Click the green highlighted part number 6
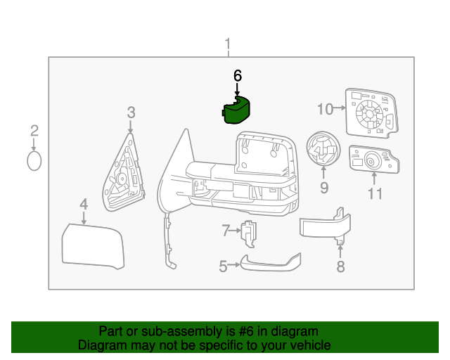coord(236,110)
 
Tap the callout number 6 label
coord(237,75)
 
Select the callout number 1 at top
coord(227,46)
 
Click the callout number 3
coord(131,112)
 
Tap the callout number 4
coord(83,205)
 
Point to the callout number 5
coord(223,266)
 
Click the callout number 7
coord(226,230)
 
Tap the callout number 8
coord(340,266)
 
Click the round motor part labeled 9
coord(323,149)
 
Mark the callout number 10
coord(324,109)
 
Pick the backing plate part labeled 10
coord(371,112)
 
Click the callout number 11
coord(375,193)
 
